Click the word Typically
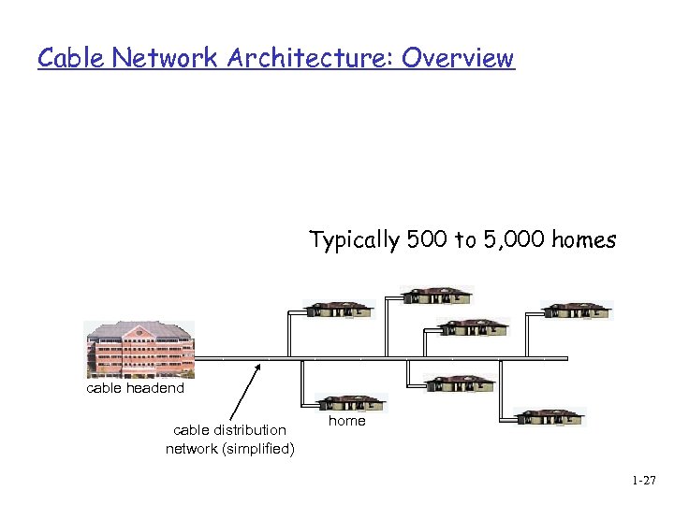[x=356, y=241]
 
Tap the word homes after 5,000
[x=583, y=240]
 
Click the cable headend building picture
[x=139, y=349]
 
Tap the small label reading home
[x=347, y=421]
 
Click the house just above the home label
[x=349, y=403]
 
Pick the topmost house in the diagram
[x=437, y=295]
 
